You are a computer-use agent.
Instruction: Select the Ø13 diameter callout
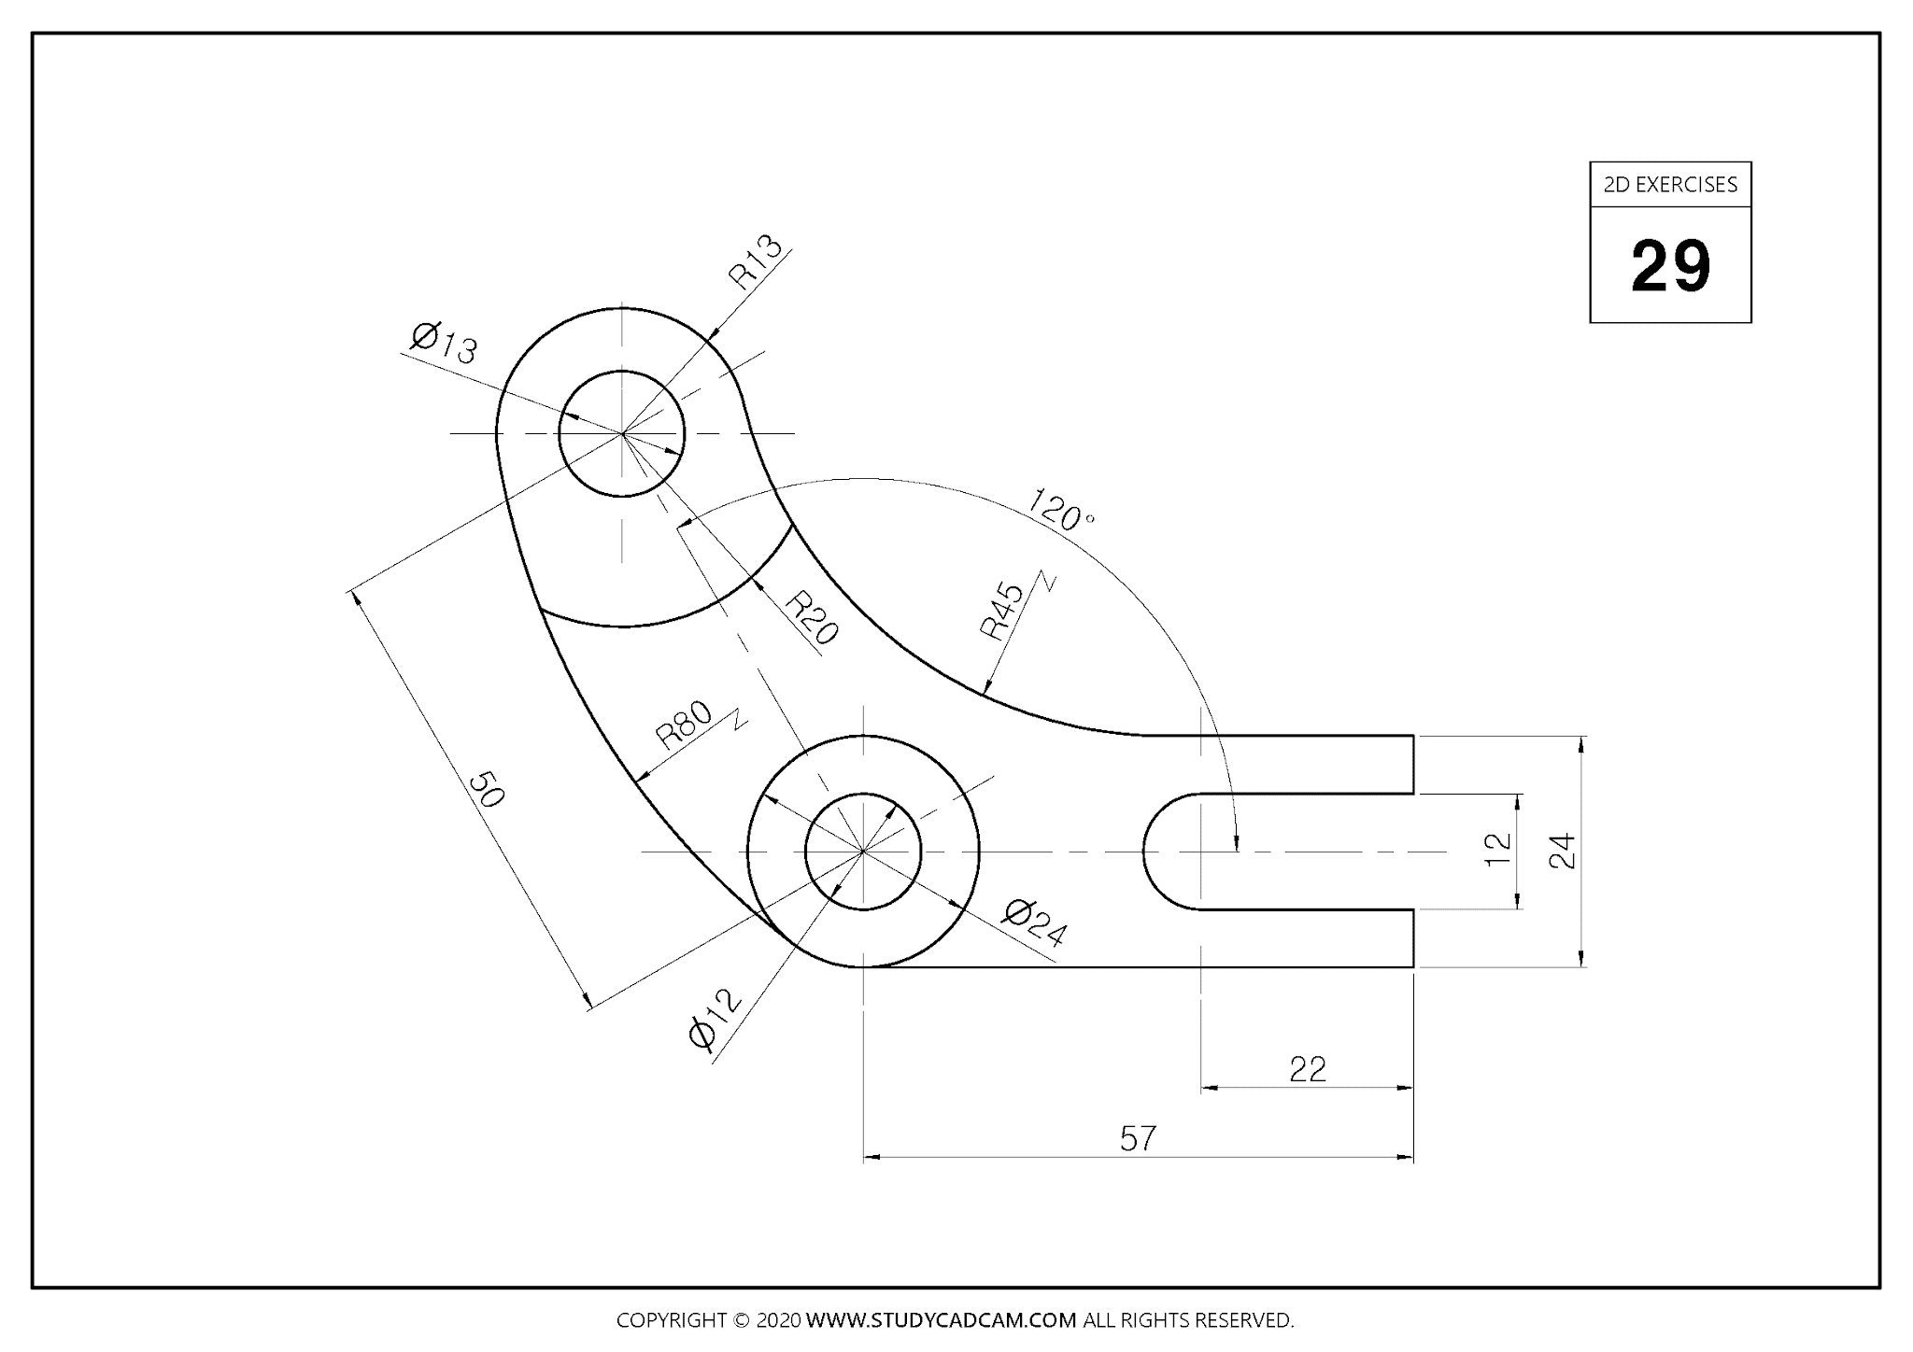click(x=444, y=342)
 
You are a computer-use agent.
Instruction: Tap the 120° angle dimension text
click(x=1060, y=510)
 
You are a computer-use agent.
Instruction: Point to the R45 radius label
click(x=1002, y=611)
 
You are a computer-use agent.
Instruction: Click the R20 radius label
click(x=810, y=618)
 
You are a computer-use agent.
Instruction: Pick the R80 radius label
click(x=684, y=725)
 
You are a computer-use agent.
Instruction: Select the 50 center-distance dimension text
click(x=486, y=789)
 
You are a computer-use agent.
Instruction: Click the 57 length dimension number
click(x=1138, y=1138)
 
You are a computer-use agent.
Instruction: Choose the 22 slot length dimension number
click(x=1307, y=1069)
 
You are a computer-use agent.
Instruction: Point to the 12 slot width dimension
click(x=1497, y=850)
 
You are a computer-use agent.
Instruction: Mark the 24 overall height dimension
click(x=1562, y=851)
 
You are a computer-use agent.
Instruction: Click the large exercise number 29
click(x=1670, y=267)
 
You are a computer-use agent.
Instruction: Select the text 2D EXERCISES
click(x=1670, y=185)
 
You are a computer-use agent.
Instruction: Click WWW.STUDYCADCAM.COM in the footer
click(x=941, y=1320)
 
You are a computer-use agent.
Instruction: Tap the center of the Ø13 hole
click(x=622, y=433)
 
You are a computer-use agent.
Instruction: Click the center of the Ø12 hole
click(x=863, y=852)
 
